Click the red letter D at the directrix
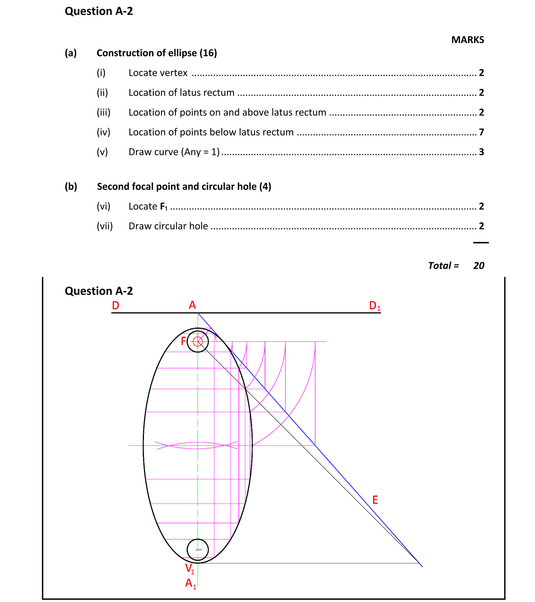tap(116, 305)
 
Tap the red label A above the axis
tap(192, 305)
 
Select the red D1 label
tap(374, 306)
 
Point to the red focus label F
tap(184, 341)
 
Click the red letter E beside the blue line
tap(375, 500)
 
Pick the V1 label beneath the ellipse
tap(189, 568)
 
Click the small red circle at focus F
tap(198, 342)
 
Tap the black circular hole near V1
tap(198, 550)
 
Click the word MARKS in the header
tap(467, 40)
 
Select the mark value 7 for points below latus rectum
tap(481, 132)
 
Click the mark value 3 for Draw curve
tap(481, 152)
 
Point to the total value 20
tap(478, 265)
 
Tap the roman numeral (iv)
tap(103, 132)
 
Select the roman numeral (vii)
tap(104, 226)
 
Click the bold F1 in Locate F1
tap(164, 207)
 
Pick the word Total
tap(439, 265)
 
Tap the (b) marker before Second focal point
tap(71, 187)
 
